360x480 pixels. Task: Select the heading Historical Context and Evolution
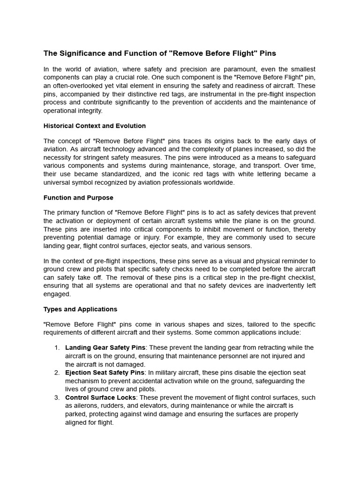94,126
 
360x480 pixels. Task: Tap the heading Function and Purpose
78,197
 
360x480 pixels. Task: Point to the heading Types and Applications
80,309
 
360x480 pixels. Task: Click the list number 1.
57,347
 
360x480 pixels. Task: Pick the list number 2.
57,373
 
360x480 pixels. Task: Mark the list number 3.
57,397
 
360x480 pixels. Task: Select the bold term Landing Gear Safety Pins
105,347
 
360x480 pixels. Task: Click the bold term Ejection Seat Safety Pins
105,373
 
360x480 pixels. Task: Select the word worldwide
218,182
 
